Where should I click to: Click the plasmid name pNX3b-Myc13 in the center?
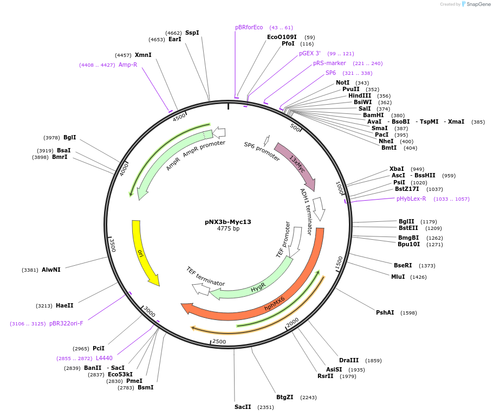228,222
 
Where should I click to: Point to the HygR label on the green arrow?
258,288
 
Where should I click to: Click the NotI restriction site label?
342,82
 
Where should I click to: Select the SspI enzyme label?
192,33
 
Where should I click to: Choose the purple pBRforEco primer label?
249,27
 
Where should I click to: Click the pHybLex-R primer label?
411,199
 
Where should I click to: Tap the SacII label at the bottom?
242,407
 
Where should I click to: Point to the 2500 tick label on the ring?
219,341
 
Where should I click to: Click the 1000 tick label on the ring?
340,188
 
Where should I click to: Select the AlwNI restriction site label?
51,270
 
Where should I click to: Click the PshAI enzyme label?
385,312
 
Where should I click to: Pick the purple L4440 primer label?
104,358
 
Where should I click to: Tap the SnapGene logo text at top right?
478,4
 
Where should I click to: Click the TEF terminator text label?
205,276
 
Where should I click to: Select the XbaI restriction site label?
396,169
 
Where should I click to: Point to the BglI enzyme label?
69,137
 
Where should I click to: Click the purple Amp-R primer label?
127,65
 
